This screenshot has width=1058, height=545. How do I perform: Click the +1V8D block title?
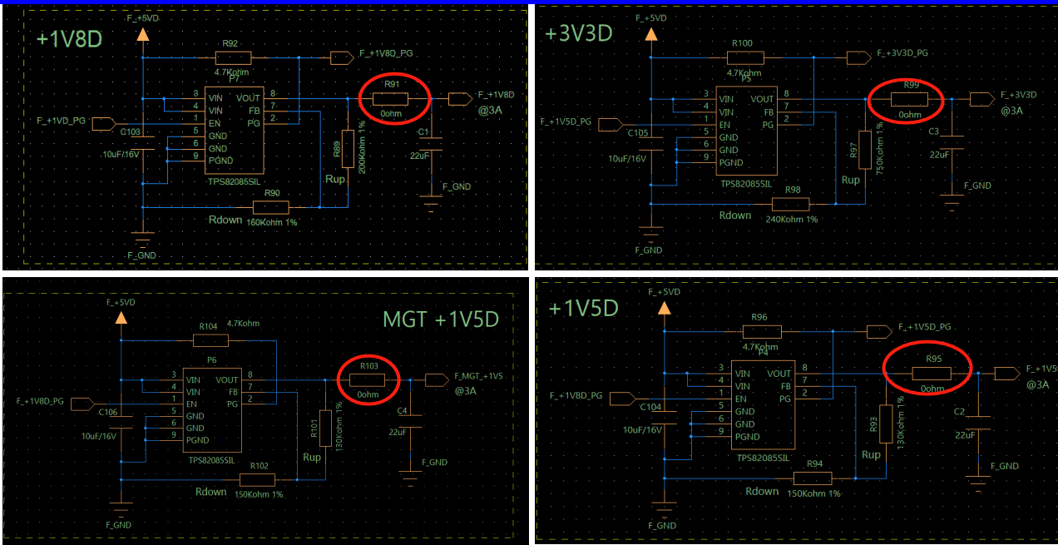coord(69,40)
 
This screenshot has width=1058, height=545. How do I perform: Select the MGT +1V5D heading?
coord(440,320)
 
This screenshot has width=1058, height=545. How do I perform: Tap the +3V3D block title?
coord(579,33)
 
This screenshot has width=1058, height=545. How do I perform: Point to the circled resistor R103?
coord(369,380)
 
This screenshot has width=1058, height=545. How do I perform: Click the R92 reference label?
coord(230,43)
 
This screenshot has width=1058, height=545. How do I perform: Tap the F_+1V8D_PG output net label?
coord(386,53)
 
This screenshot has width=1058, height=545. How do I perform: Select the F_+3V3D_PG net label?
coord(902,52)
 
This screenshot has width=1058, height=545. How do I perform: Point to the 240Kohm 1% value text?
coord(791,219)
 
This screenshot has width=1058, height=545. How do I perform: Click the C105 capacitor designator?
coord(637,132)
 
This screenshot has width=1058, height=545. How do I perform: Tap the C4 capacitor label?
coord(403,411)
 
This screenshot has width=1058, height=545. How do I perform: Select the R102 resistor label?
coord(260,466)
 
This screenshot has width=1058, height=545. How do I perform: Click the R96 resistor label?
coord(759,317)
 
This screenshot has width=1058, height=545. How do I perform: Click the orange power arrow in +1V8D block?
coord(142,34)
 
